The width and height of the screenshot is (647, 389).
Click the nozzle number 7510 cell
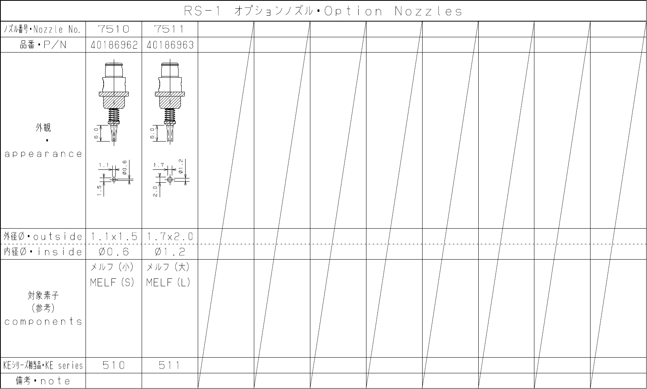pyautogui.click(x=114, y=29)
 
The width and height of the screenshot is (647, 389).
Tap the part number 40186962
pyautogui.click(x=114, y=45)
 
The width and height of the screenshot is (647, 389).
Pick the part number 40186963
pyautogui.click(x=170, y=45)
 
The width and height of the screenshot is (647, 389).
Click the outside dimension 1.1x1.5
pyautogui.click(x=114, y=236)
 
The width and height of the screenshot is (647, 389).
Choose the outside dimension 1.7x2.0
pyautogui.click(x=170, y=236)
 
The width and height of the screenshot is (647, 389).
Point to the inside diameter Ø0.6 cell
pyautogui.click(x=114, y=252)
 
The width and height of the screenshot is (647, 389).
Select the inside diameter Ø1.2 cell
pyautogui.click(x=170, y=252)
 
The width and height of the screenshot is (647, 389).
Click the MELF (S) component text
pyautogui.click(x=112, y=282)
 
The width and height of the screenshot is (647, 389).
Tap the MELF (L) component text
pyautogui.click(x=168, y=282)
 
